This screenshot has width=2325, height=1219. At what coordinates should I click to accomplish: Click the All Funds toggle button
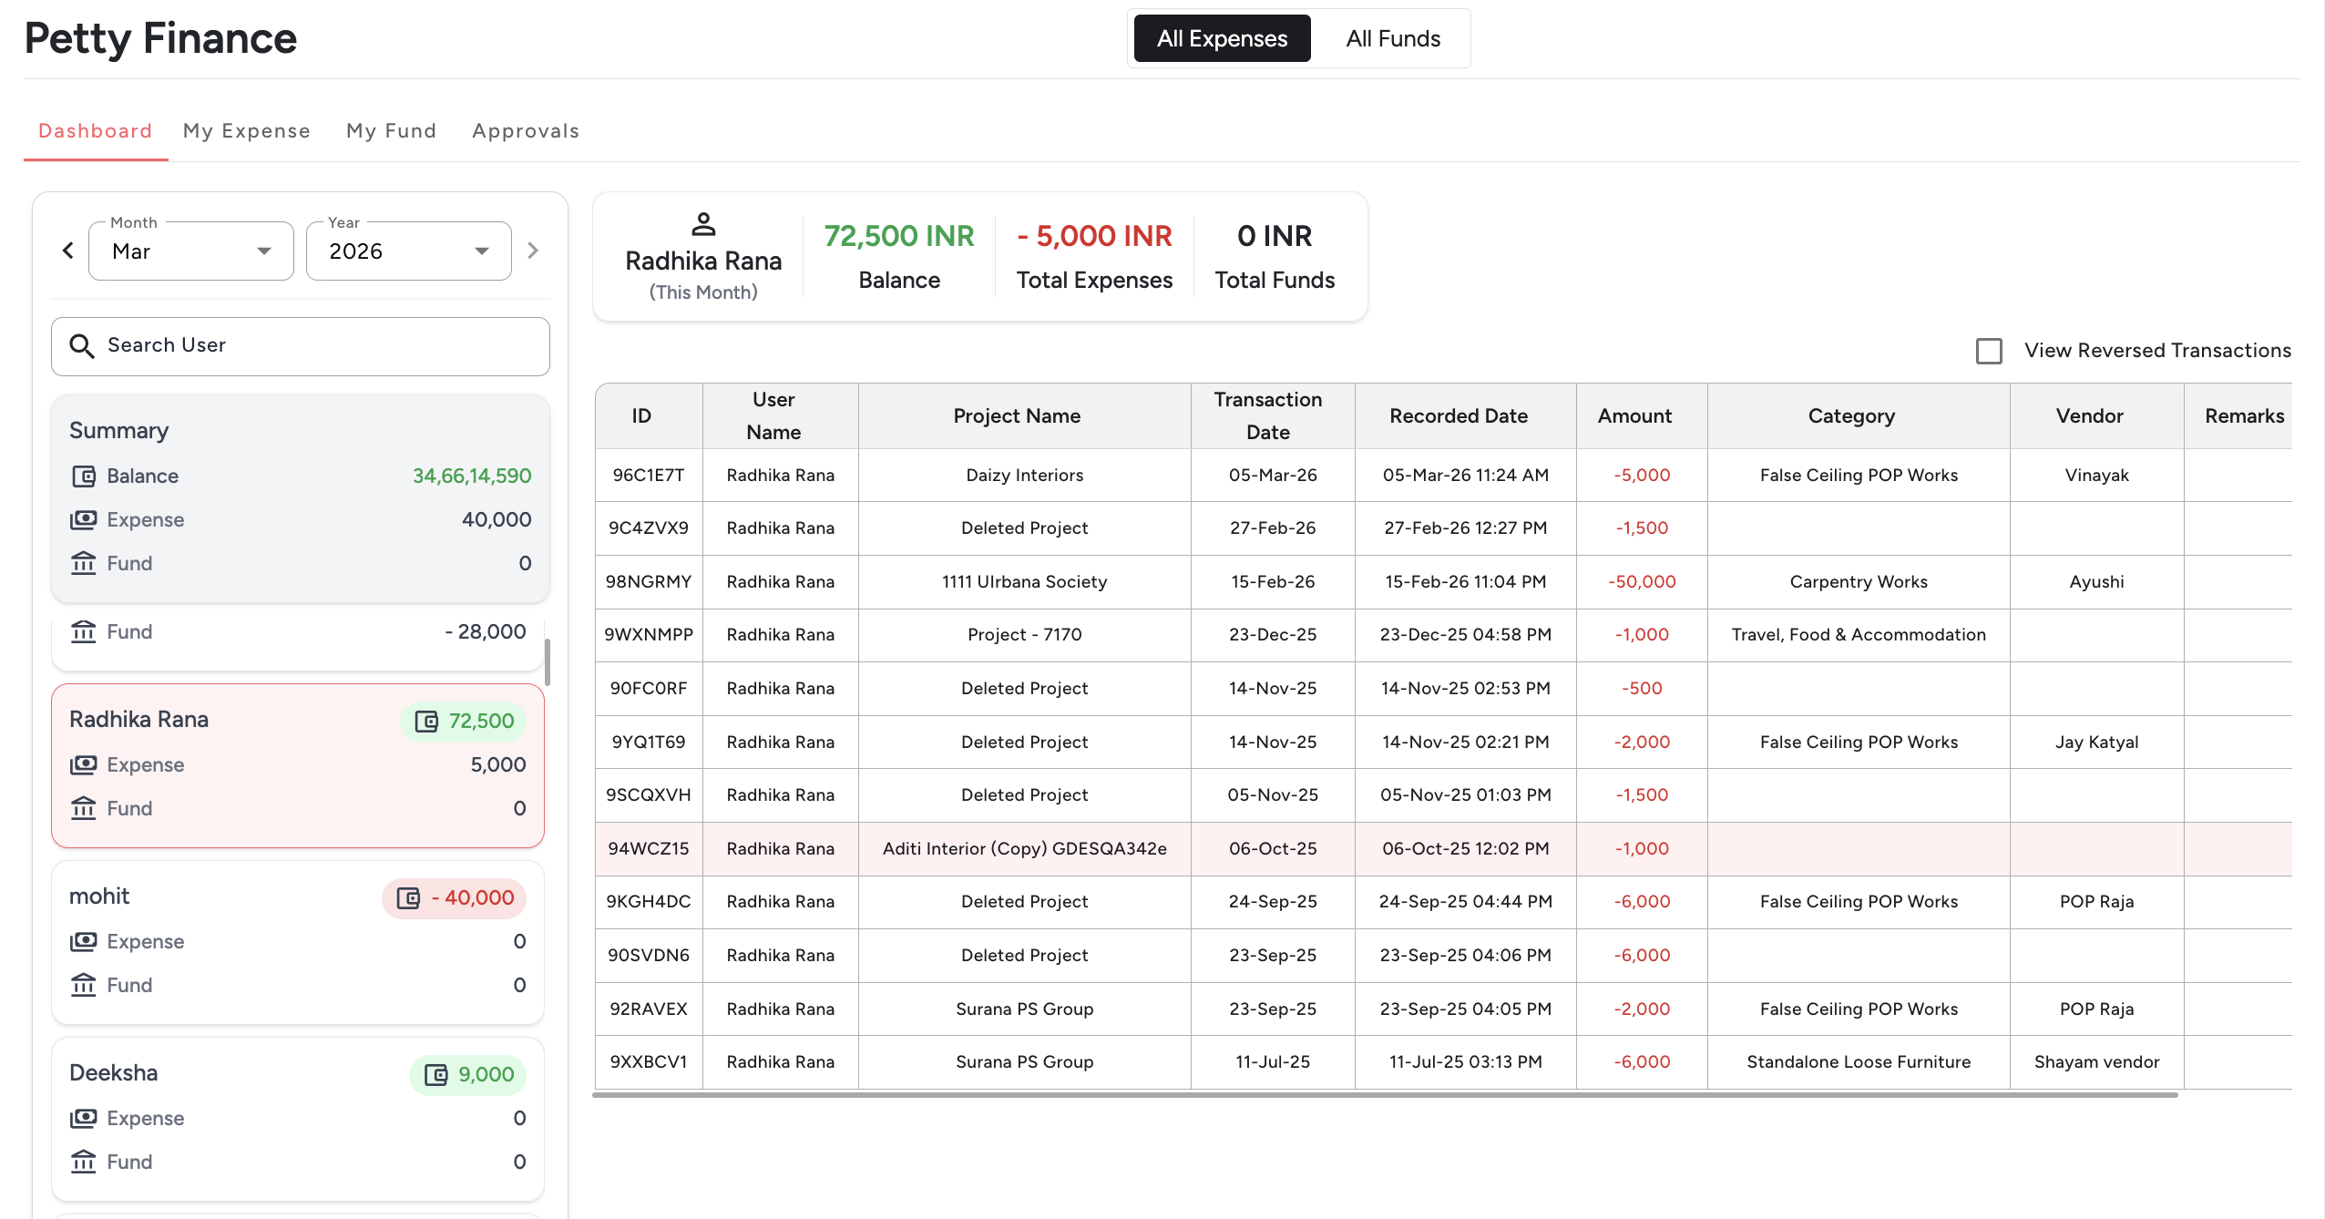(x=1392, y=38)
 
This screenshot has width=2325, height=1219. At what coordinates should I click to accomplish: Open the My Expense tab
(x=246, y=130)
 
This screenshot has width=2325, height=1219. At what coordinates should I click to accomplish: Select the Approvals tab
(x=525, y=130)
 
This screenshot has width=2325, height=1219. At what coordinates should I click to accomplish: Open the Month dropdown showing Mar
(x=191, y=251)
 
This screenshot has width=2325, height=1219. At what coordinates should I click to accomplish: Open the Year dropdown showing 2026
(x=408, y=251)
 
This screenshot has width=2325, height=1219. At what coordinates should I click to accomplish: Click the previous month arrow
(x=68, y=251)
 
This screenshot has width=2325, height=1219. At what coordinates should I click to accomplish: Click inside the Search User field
(x=301, y=345)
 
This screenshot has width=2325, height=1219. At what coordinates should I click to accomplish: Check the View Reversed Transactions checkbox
(x=1989, y=351)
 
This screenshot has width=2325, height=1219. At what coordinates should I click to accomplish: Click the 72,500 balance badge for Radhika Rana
(x=464, y=721)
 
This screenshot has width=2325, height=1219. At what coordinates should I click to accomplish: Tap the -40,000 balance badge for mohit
(x=455, y=897)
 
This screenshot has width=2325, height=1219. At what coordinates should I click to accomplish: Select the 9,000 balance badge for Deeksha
(x=468, y=1074)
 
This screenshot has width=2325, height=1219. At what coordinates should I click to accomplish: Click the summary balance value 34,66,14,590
(x=471, y=476)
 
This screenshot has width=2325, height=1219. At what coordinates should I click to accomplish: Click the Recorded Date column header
(x=1458, y=415)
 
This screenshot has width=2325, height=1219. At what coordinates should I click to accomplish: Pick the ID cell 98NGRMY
(x=648, y=581)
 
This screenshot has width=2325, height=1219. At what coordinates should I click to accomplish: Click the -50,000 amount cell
(x=1641, y=581)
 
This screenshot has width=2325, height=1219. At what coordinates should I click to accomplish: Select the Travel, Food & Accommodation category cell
(x=1858, y=634)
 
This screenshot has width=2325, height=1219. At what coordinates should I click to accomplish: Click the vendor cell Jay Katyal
(x=2095, y=742)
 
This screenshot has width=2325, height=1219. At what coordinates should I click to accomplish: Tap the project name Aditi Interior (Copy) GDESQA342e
(x=1024, y=848)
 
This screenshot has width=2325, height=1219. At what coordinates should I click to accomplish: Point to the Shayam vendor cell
(x=2095, y=1061)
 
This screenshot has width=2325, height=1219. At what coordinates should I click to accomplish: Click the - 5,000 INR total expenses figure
(x=1094, y=236)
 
